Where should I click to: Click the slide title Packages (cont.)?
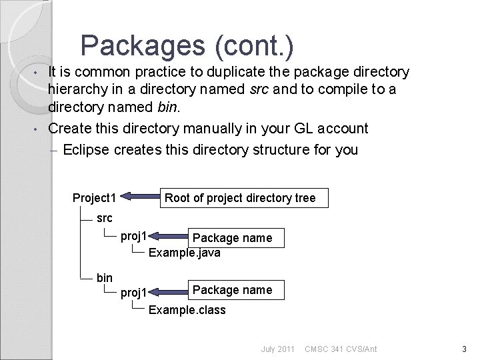tap(187, 45)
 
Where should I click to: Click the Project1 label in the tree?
tap(95, 197)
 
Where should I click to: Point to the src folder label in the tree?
tap(105, 217)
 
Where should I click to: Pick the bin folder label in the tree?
tap(105, 277)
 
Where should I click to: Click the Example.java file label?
tap(184, 253)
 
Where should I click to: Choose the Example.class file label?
tap(187, 310)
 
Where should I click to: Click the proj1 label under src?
tap(134, 235)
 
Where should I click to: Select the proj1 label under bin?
tap(134, 292)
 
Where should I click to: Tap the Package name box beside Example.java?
tap(232, 237)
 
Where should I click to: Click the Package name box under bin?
tap(232, 289)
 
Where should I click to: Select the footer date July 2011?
tap(277, 349)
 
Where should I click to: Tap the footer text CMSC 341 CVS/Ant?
tap(340, 349)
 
